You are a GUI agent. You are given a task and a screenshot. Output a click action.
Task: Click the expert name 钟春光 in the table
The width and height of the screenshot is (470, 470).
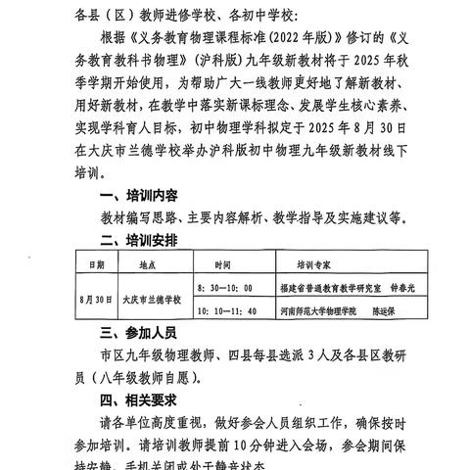pos(402,290)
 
